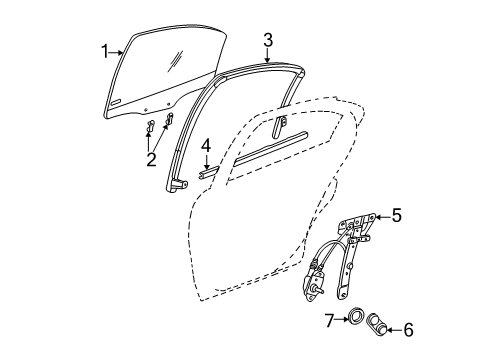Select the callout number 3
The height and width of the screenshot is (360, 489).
(268, 39)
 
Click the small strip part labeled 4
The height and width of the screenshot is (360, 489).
(208, 170)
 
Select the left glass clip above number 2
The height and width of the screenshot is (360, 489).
(149, 126)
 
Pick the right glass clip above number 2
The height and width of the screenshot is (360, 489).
(168, 120)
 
